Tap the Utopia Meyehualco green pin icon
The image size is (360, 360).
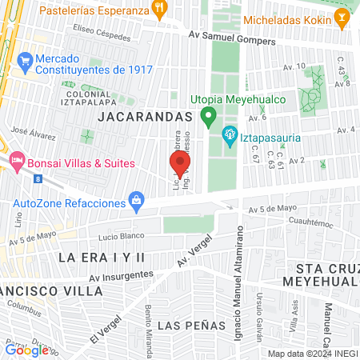[x=209, y=119]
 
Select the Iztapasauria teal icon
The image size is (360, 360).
[x=230, y=137]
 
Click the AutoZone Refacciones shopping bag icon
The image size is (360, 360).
[x=137, y=198]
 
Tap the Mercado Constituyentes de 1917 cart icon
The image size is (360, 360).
[x=25, y=61]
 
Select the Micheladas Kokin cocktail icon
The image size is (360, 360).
[x=342, y=16]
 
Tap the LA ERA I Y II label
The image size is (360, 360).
[x=101, y=257]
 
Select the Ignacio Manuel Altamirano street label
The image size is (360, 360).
[x=239, y=272]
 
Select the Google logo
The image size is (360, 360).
[x=27, y=350]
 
